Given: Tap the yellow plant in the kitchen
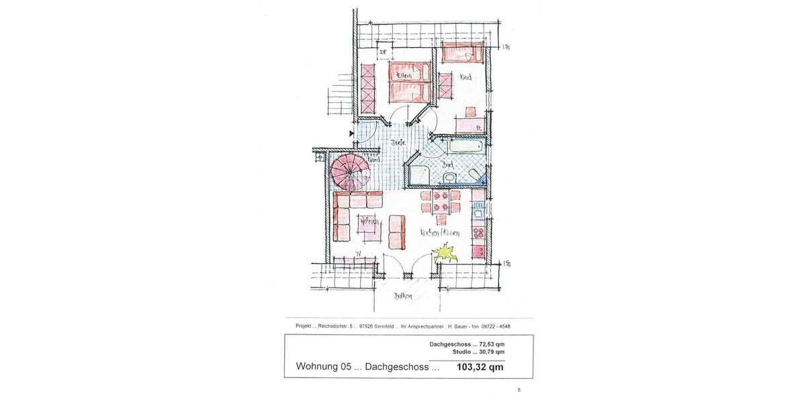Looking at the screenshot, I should pos(444,254).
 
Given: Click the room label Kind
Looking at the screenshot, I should pos(465,77).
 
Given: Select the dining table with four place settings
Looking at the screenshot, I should pos(441,201).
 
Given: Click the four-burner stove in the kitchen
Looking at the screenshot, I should pos(478,233).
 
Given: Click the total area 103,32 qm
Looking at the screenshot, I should pos(480,367).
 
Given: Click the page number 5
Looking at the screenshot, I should pos(519,390).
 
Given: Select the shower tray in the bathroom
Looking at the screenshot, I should pos(421,174).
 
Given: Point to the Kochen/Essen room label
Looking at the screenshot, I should pos(440,232).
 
